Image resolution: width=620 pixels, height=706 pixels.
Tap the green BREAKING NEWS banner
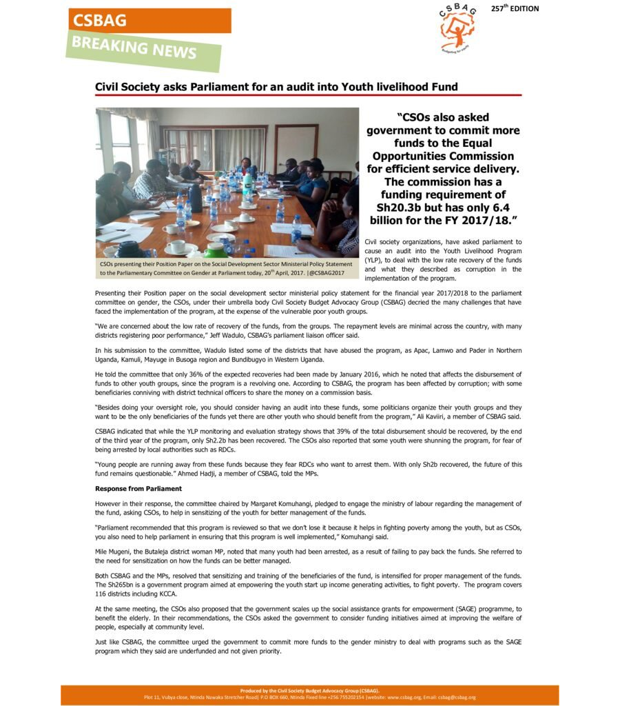(x=144, y=49)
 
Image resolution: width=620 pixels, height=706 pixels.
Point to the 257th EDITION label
(x=515, y=8)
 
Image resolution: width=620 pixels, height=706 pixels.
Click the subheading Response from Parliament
(x=138, y=489)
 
